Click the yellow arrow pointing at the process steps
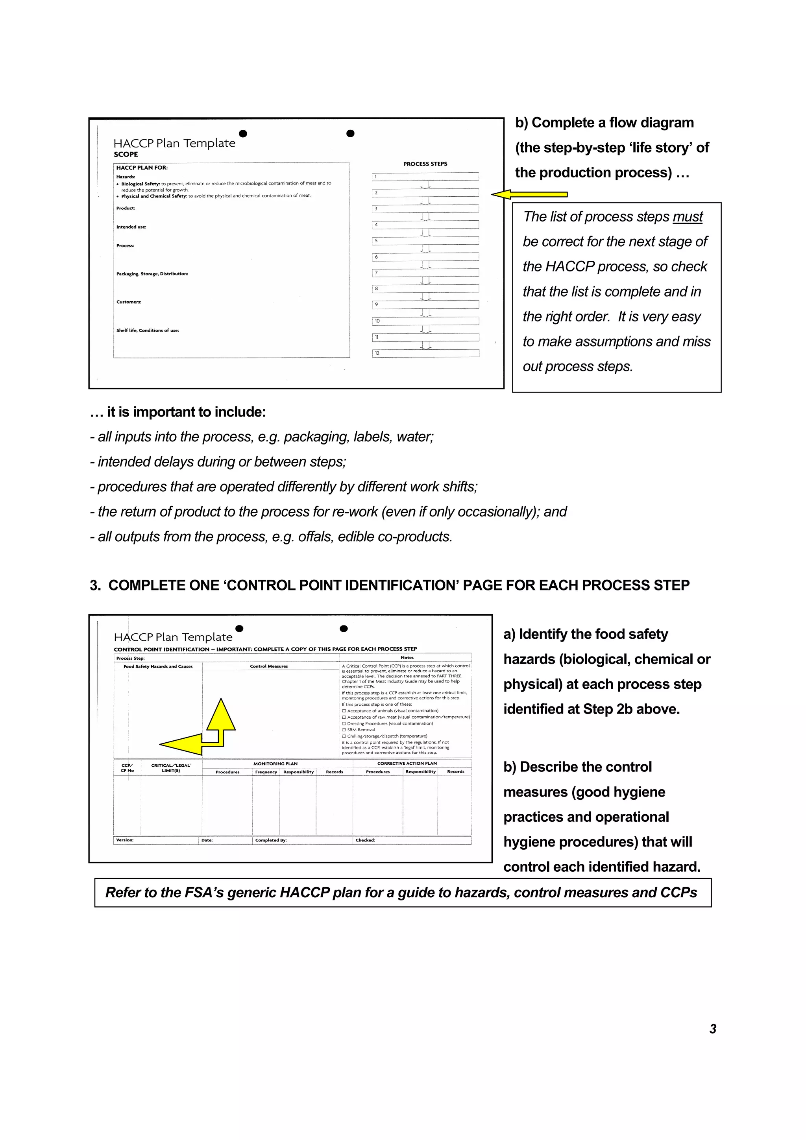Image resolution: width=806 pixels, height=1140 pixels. [x=529, y=195]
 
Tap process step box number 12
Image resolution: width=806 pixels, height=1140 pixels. [x=425, y=353]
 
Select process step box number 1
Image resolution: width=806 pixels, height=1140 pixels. [x=425, y=177]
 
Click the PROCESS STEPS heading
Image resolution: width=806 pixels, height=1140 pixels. [x=425, y=164]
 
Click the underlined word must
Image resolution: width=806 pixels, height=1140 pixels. [x=688, y=217]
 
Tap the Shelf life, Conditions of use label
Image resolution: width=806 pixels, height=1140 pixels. [x=148, y=330]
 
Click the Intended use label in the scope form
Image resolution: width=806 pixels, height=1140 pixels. [x=131, y=227]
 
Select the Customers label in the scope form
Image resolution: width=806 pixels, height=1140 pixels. [x=129, y=302]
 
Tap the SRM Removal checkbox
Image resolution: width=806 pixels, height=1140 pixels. [x=344, y=730]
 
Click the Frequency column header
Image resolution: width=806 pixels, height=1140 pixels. [x=266, y=772]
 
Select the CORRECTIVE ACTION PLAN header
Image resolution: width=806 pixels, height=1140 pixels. [x=407, y=763]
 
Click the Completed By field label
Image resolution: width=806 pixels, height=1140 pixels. [x=271, y=840]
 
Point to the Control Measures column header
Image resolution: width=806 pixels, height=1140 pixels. [x=269, y=666]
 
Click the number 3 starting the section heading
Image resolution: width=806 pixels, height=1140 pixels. [x=94, y=585]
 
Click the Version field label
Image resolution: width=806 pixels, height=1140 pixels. [x=125, y=840]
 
